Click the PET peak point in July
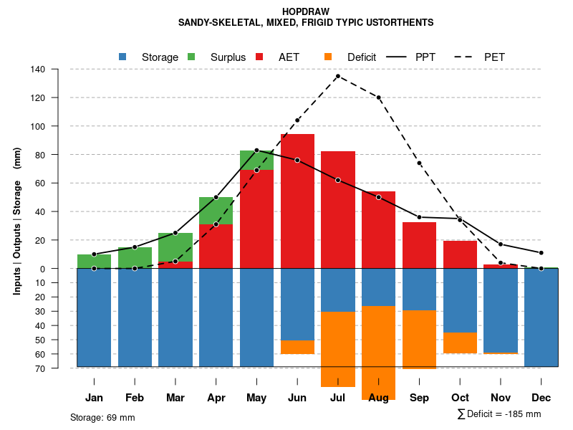[x=337, y=76]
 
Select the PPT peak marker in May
[x=256, y=150]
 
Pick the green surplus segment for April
[x=216, y=211]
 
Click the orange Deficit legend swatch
[x=329, y=57]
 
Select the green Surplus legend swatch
[x=192, y=57]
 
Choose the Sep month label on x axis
[x=419, y=398]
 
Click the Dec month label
[x=541, y=398]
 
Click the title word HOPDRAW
[x=305, y=11]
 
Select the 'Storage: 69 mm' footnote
[x=102, y=418]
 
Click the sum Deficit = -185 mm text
[x=499, y=414]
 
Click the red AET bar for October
[x=460, y=254]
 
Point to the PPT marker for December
[x=541, y=253]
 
